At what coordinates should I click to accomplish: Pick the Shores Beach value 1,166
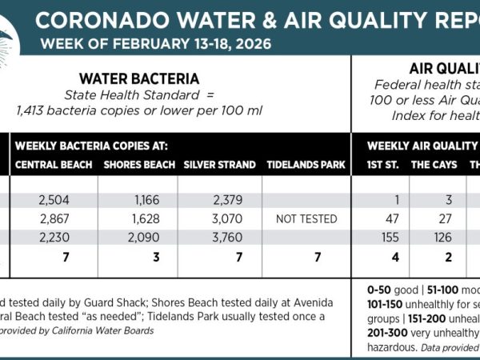[139, 199]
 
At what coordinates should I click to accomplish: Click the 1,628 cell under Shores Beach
[139, 218]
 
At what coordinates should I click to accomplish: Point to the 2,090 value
[139, 237]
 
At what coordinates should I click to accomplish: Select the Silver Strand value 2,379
[219, 199]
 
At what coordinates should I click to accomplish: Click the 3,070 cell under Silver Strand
[219, 218]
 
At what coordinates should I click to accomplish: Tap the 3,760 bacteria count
[219, 237]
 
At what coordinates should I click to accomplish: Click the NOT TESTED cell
[306, 218]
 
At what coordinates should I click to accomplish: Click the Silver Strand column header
[219, 165]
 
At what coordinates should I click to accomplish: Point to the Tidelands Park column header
[306, 165]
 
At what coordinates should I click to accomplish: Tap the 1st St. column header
[382, 165]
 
